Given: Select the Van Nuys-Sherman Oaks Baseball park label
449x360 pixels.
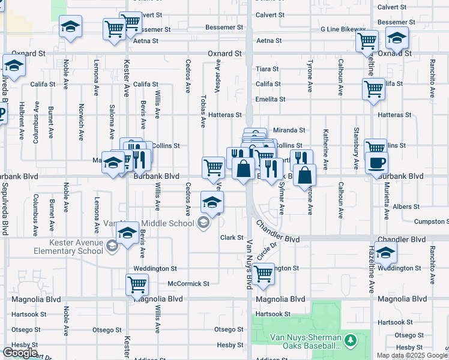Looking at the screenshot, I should [297, 341].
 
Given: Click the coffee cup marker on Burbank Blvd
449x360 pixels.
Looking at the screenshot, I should [376, 163].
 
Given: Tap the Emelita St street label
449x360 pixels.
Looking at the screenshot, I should [270, 99].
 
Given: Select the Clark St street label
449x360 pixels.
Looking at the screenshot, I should [231, 238].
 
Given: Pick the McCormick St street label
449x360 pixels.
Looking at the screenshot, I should [188, 284].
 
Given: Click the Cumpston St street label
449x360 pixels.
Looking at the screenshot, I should [432, 222].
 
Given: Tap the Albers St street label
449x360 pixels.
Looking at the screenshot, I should [406, 207].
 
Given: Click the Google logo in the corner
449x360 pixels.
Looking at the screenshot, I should [19, 353].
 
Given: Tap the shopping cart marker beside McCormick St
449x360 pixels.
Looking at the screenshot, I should [137, 284].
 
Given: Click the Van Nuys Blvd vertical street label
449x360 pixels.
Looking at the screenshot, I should [249, 264].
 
